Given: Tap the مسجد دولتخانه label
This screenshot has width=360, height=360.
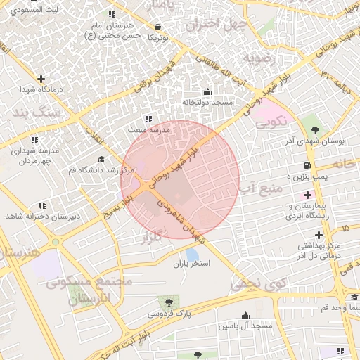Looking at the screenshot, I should click(x=207, y=102).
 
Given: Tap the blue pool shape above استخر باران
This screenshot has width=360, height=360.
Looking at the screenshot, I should click(x=192, y=255).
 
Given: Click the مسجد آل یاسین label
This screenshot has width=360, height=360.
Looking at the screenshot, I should click(x=245, y=326).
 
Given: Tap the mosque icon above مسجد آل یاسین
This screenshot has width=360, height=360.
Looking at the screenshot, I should click(x=245, y=315).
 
